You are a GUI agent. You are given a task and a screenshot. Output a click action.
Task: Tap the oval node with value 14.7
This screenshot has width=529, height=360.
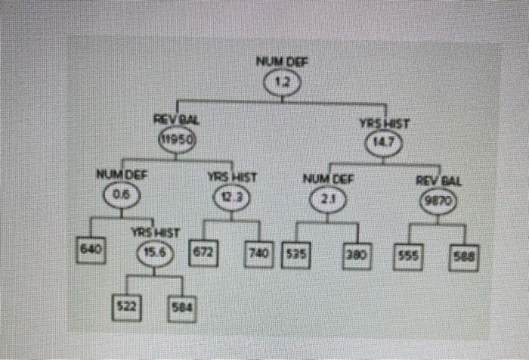(384, 141)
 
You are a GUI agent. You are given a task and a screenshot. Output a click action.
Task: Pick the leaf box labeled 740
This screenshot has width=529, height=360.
(258, 251)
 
